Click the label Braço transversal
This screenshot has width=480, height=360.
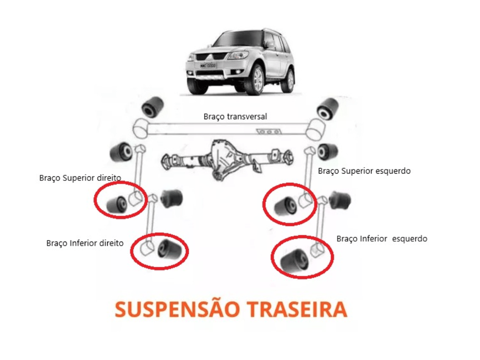pos(235,117)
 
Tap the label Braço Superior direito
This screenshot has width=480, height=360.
pos(80,178)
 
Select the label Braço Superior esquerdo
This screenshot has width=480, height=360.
pos(364,171)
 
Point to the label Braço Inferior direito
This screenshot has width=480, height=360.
pos(85,243)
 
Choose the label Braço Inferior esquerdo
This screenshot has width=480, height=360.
pos(382,239)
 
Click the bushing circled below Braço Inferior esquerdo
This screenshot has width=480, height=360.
pos(294,261)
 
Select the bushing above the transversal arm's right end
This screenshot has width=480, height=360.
pos(328,108)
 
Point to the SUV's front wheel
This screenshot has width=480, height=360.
pos(255,80)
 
